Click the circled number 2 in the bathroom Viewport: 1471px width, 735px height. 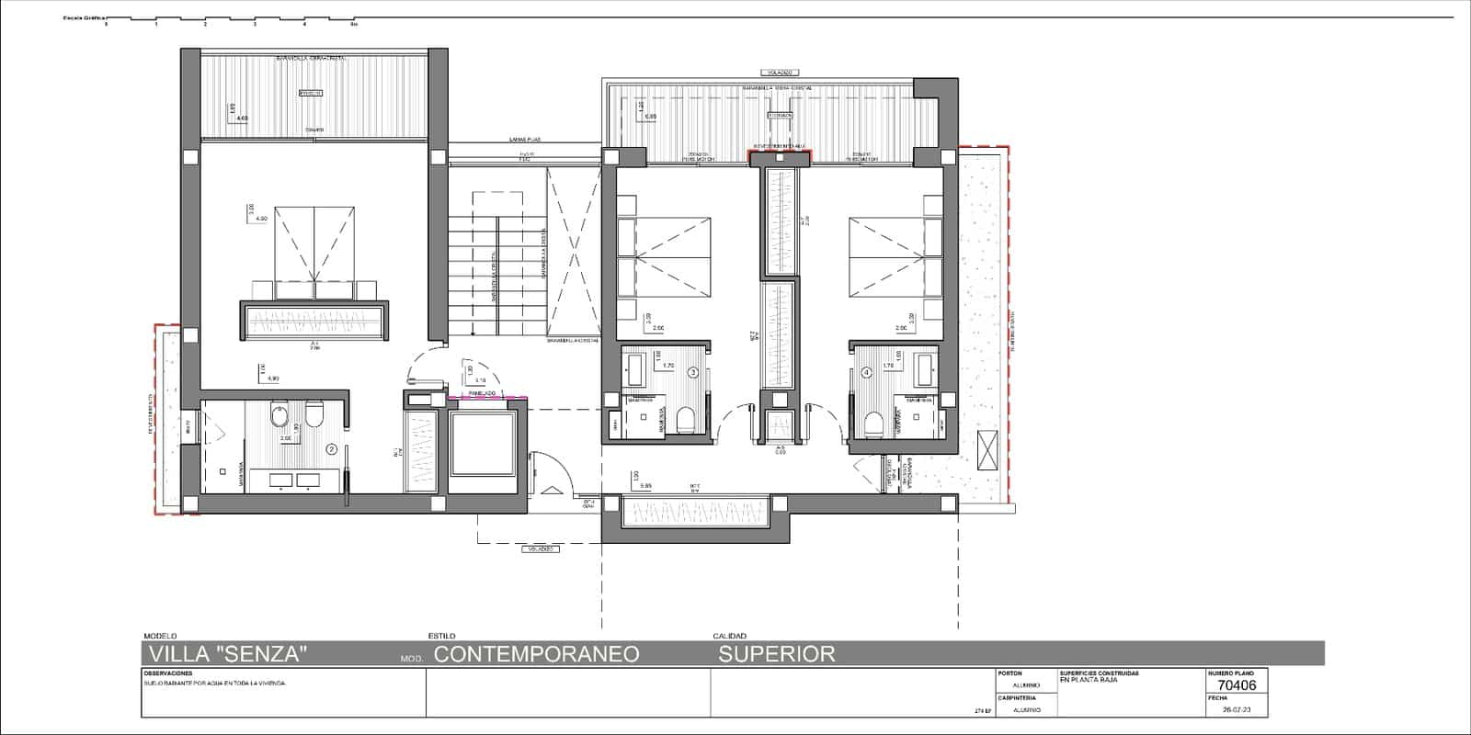[x=332, y=449]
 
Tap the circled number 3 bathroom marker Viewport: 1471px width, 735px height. [x=693, y=372]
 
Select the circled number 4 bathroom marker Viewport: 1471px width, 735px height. [x=866, y=372]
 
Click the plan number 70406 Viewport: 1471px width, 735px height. [x=1236, y=684]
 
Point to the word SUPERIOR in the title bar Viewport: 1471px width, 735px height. [x=777, y=653]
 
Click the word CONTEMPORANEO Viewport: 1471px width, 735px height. [x=536, y=653]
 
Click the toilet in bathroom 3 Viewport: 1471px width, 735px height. [x=685, y=422]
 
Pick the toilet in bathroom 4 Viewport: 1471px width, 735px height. [x=874, y=422]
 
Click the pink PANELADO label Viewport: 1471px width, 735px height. [x=483, y=392]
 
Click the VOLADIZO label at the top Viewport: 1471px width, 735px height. [x=777, y=72]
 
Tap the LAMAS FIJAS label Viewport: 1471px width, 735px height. [x=525, y=140]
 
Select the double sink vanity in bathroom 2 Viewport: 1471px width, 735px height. [x=294, y=479]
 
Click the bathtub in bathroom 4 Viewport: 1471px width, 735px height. [x=924, y=370]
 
